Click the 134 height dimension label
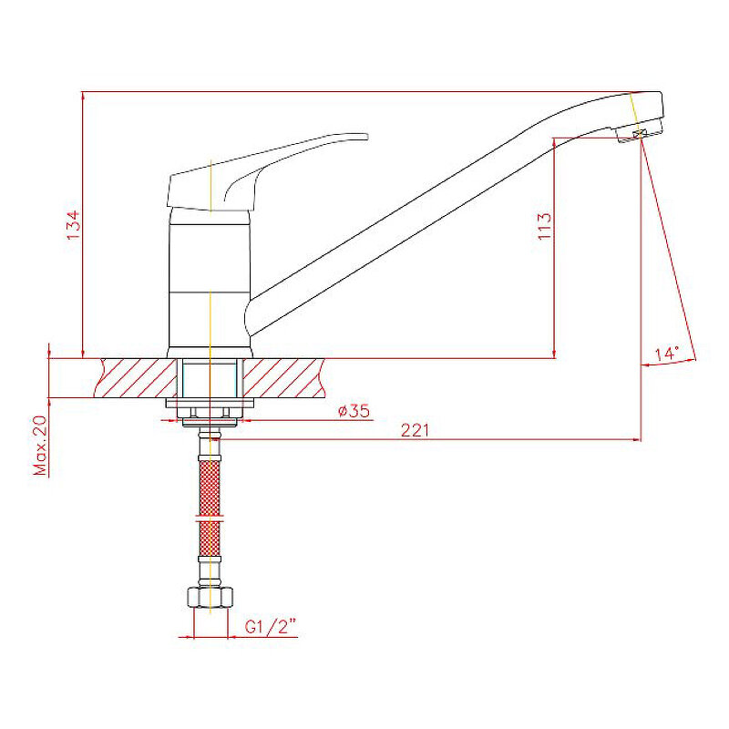tap(74, 225)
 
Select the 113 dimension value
tap(544, 226)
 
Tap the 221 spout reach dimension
tap(416, 430)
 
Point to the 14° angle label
tap(667, 354)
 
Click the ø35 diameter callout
tap(354, 411)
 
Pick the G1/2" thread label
tap(271, 627)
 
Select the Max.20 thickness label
tap(40, 446)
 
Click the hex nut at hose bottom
tap(210, 598)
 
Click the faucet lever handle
tap(261, 172)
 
